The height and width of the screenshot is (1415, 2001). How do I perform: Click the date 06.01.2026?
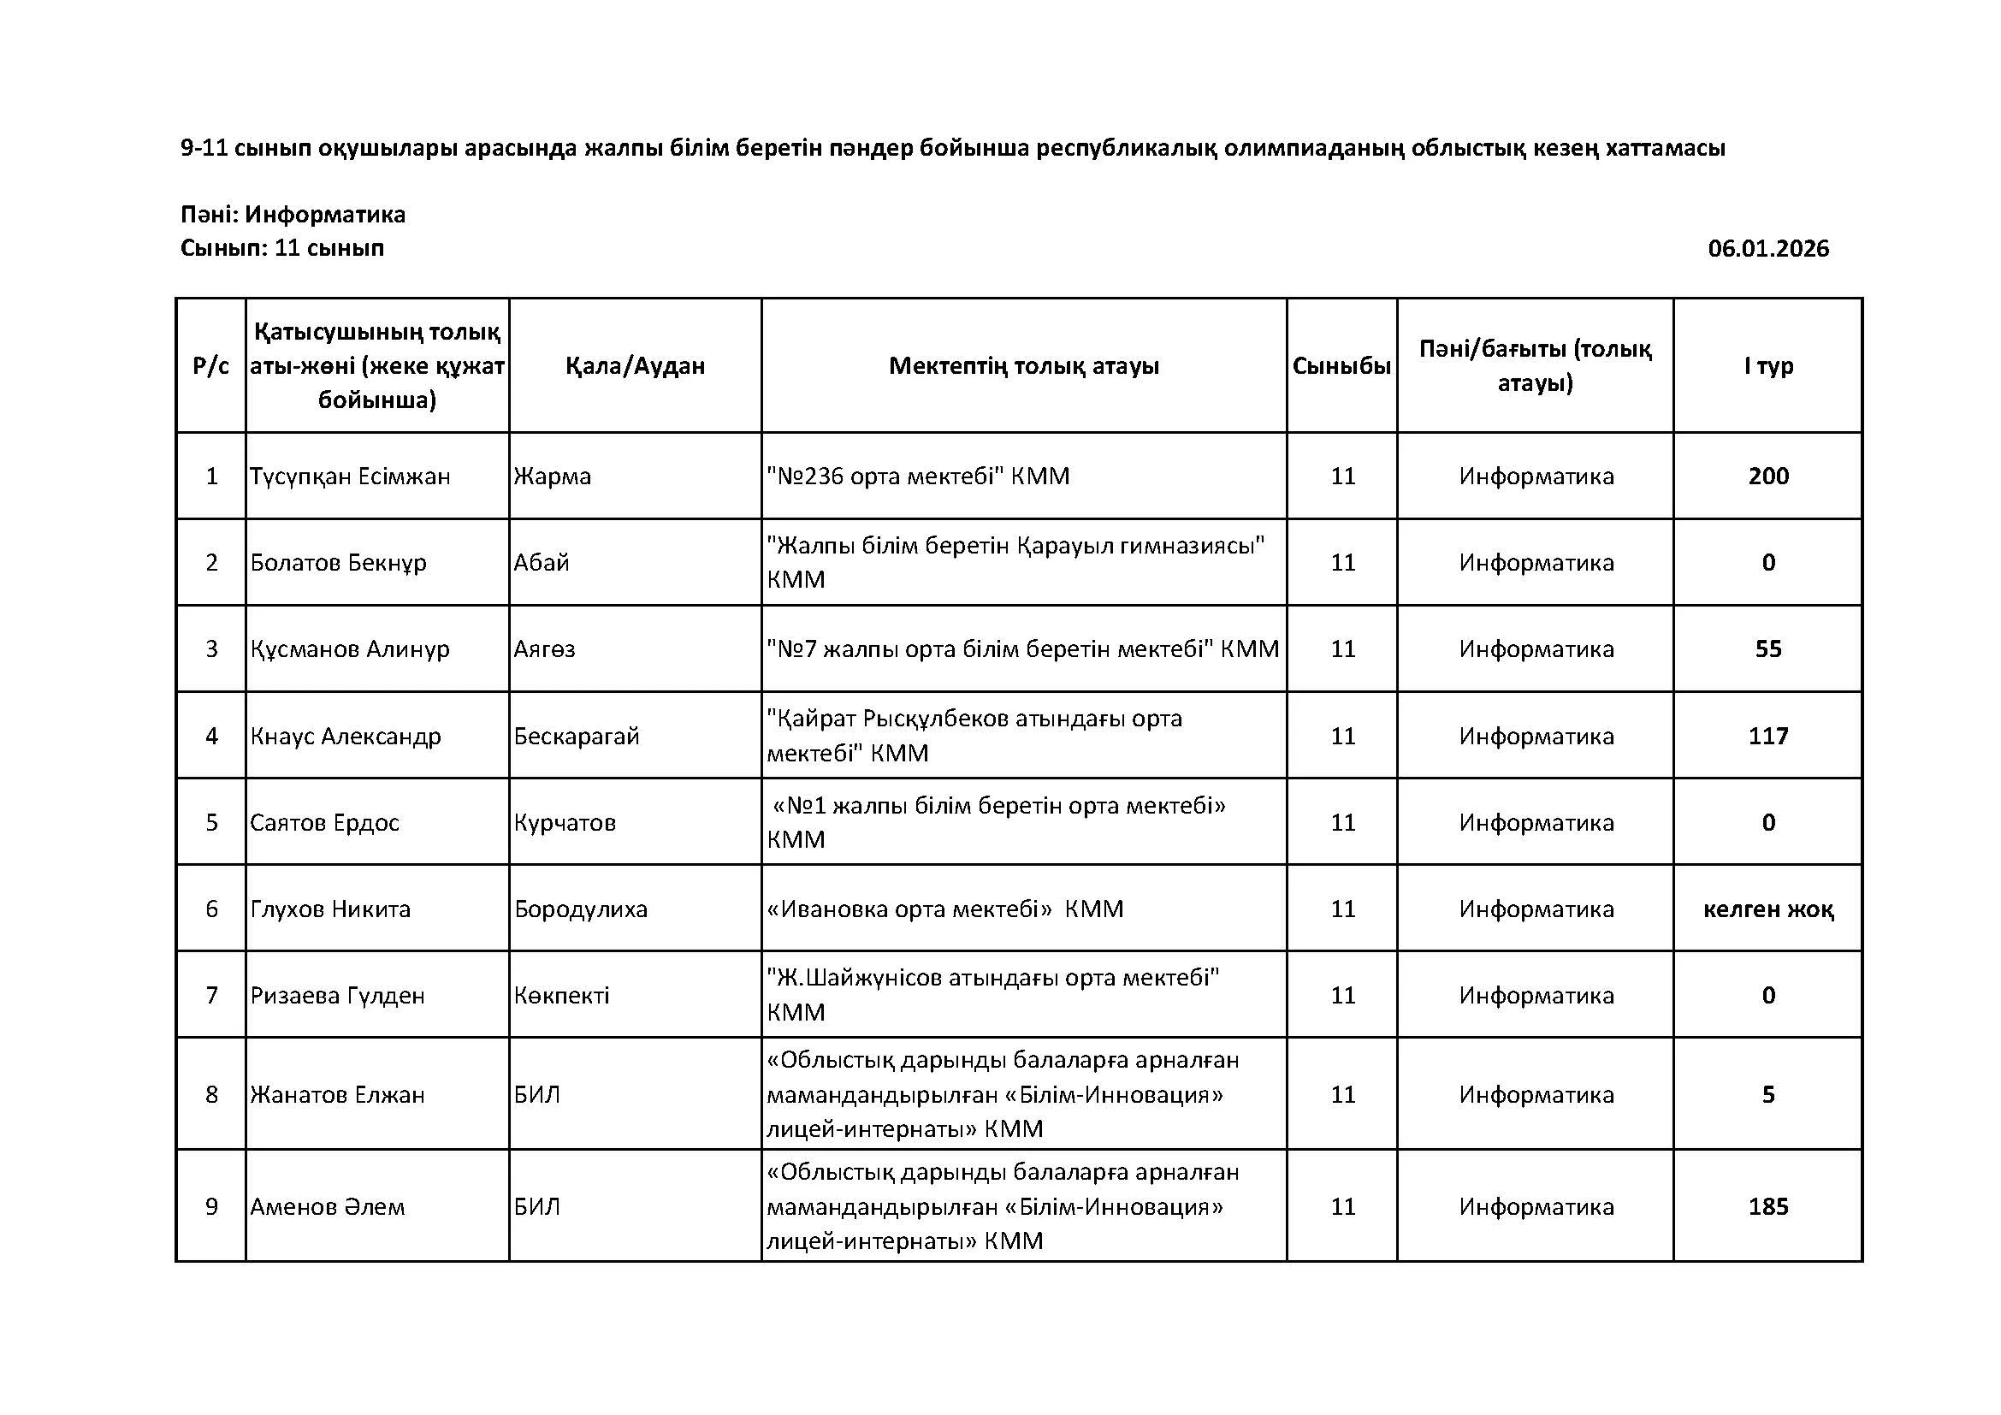pos(1767,249)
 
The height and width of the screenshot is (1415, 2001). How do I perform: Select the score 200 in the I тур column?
pos(1768,476)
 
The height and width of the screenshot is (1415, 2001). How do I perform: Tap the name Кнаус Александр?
pos(346,737)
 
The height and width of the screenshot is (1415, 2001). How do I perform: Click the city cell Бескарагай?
pos(576,737)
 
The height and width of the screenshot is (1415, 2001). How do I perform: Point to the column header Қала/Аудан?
pos(636,366)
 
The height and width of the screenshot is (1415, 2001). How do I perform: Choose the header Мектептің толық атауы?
pos(1023,366)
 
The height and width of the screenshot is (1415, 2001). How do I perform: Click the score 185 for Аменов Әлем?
pos(1768,1207)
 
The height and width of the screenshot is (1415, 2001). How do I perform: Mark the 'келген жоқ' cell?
pos(1768,909)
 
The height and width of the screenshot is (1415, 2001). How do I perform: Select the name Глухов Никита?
pos(330,909)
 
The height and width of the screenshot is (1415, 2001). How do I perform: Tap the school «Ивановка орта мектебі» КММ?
pos(944,909)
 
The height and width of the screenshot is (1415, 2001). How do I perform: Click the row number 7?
pos(212,996)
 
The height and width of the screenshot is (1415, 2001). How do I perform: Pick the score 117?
pos(1768,737)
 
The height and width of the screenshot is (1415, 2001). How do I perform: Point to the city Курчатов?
pos(565,822)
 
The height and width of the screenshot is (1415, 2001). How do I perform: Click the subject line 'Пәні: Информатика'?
pos(293,215)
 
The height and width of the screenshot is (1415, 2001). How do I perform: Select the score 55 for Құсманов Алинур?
pos(1768,649)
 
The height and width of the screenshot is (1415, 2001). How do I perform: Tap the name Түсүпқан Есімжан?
pos(351,477)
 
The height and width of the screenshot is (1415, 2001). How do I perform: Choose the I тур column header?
pos(1768,366)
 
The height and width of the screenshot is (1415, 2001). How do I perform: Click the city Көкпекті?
pos(561,996)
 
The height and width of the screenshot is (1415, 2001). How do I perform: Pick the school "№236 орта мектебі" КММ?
pos(918,477)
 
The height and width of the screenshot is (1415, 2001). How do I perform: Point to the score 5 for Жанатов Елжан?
pos(1768,1095)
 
